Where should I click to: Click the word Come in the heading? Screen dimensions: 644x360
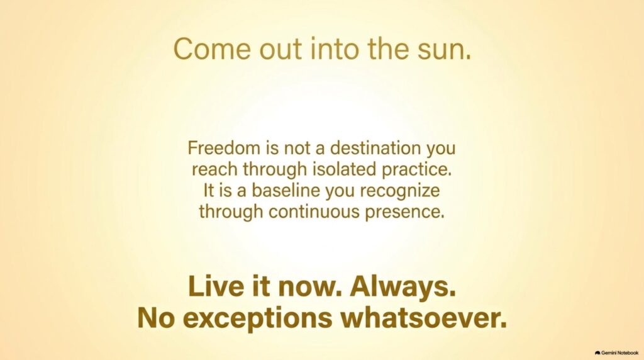(x=212, y=48)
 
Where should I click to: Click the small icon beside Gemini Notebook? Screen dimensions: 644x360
(x=597, y=353)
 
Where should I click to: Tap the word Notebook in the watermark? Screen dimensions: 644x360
(x=628, y=353)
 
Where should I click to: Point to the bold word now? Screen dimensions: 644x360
(x=311, y=287)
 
